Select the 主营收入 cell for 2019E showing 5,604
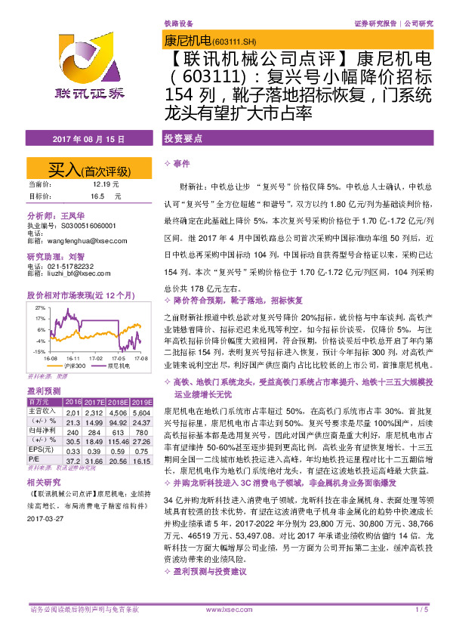(141, 412)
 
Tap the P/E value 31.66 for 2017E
(95, 459)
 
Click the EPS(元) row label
(42, 449)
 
